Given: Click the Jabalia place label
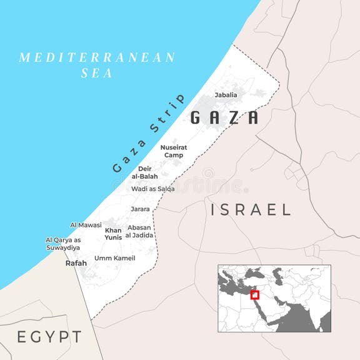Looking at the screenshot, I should click(226, 95).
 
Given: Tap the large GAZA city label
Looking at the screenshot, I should click(224, 117).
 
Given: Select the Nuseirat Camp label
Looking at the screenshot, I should click(173, 151).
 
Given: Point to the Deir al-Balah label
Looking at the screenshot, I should click(144, 172).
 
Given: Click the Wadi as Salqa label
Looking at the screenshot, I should click(152, 188).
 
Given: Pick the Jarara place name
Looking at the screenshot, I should click(140, 209).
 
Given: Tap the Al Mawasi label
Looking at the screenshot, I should click(85, 224).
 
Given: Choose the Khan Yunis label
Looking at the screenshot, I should click(113, 234).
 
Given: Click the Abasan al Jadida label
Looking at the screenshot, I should click(139, 232).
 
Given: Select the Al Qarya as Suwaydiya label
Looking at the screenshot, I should click(63, 244).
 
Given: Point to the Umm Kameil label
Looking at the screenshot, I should click(114, 258).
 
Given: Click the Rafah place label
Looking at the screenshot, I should click(76, 263).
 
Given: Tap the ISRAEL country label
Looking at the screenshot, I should click(251, 209).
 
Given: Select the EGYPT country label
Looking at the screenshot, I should click(49, 337).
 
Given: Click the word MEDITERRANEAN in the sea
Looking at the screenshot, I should click(97, 57).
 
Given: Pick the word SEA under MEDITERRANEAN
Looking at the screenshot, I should click(97, 73).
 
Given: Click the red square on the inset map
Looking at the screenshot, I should click(254, 295).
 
